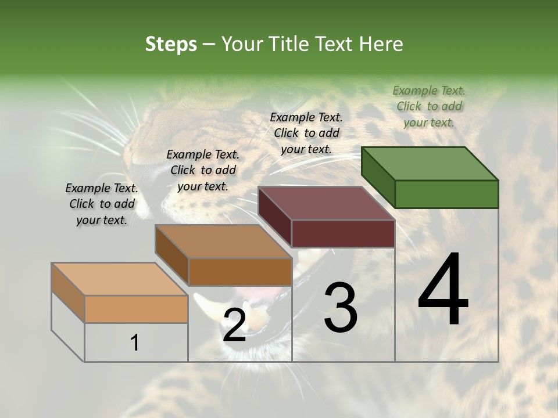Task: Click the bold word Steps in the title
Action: click(x=171, y=44)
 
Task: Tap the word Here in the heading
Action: click(x=382, y=44)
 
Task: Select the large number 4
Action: click(x=443, y=290)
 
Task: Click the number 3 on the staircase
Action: click(x=341, y=308)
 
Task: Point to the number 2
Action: click(x=234, y=325)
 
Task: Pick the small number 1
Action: click(x=135, y=343)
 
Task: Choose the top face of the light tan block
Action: click(x=120, y=279)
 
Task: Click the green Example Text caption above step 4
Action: click(x=429, y=106)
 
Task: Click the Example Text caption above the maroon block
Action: click(x=306, y=133)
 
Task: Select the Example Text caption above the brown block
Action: click(x=203, y=170)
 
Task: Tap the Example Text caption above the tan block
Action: click(x=102, y=204)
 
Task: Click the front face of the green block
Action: click(x=446, y=194)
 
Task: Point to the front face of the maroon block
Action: click(x=343, y=234)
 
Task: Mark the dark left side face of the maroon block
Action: click(x=275, y=217)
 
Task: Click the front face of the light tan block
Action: click(x=136, y=309)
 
